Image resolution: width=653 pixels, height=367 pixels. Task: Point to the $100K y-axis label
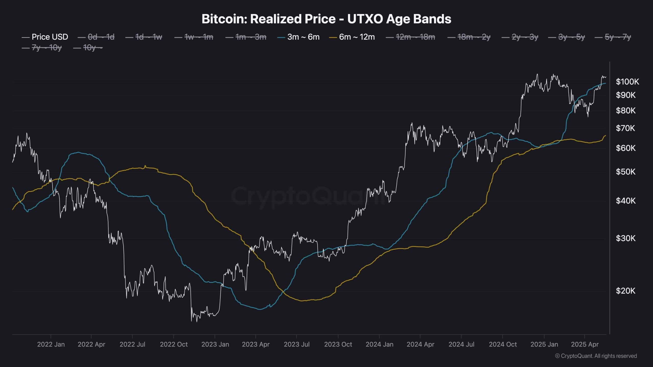coord(627,82)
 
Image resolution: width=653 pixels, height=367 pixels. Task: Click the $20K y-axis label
coord(625,291)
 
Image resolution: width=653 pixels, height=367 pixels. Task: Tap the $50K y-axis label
coord(625,172)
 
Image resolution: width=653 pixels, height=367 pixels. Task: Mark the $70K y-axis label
coord(625,128)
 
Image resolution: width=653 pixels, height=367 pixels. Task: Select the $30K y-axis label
coord(625,238)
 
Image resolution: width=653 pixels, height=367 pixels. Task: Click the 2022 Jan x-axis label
coord(51,344)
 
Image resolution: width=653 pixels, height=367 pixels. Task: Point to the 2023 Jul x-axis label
coord(297,344)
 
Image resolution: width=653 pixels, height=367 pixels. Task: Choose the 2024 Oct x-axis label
coord(503,344)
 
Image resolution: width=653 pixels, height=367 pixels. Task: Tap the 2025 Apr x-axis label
coord(585,344)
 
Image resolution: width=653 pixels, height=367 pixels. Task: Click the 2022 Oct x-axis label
coord(174,344)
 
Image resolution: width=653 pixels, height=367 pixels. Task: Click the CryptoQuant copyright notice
coord(596,356)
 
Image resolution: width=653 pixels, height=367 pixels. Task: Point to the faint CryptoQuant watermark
coord(309,196)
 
